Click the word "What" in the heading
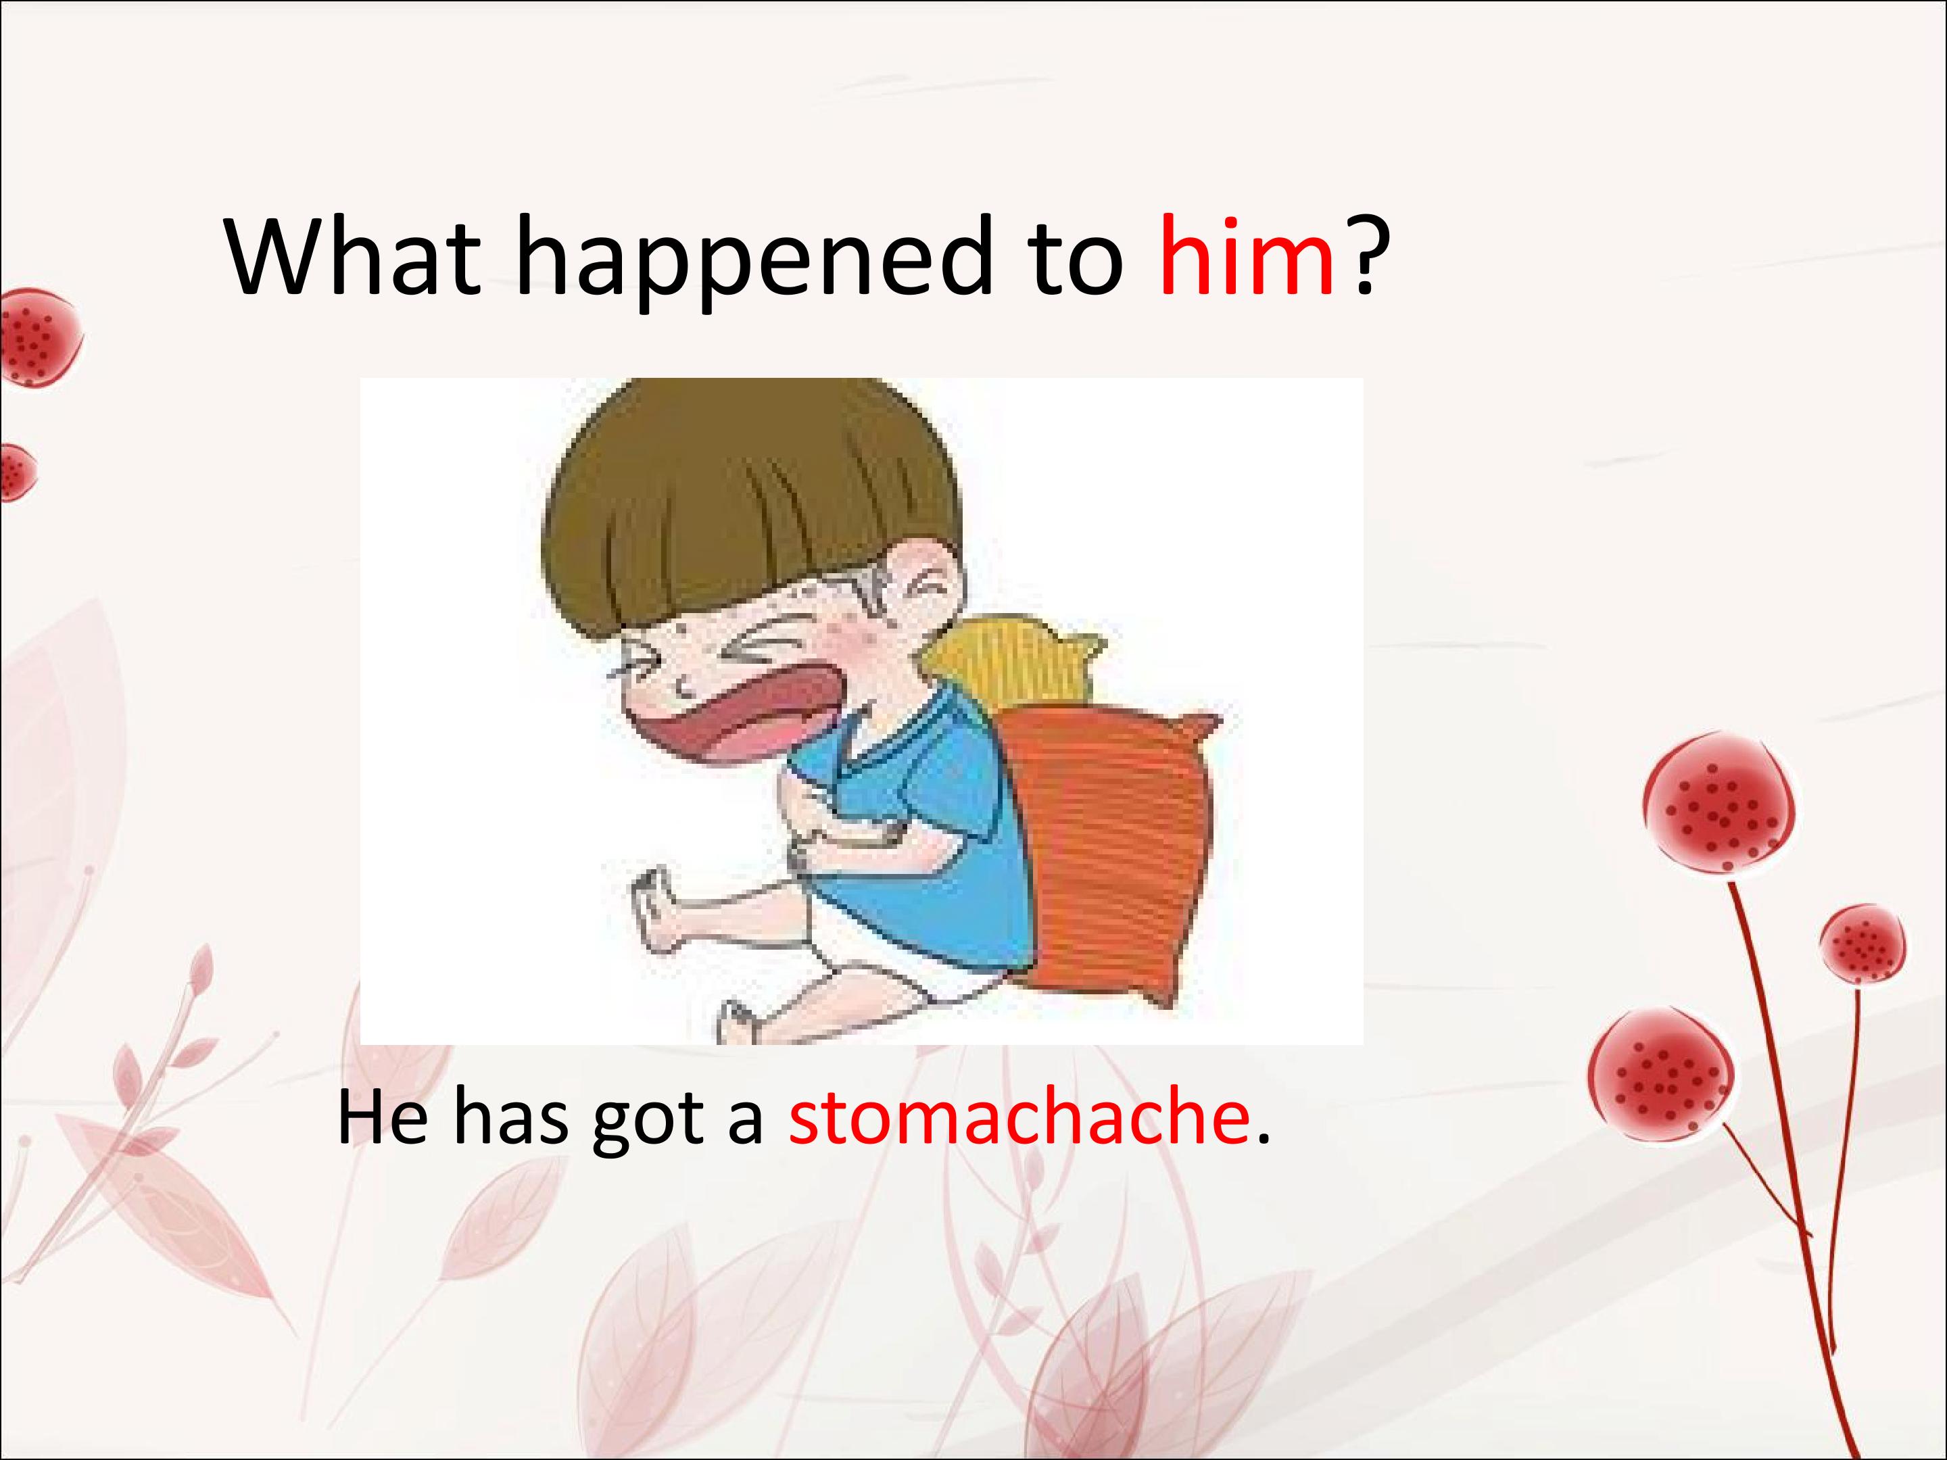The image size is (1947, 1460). click(352, 258)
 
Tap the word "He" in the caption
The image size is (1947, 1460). click(382, 1118)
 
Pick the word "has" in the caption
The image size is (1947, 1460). click(510, 1118)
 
